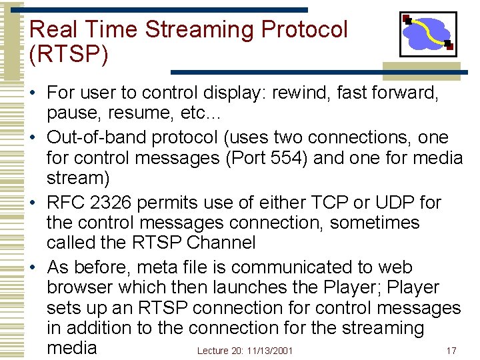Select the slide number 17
point(451,351)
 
